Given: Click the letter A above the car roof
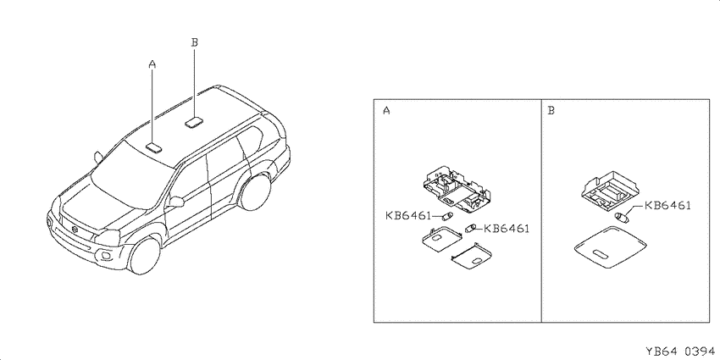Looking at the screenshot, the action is [x=152, y=64].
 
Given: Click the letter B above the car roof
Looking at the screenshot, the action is [x=194, y=42].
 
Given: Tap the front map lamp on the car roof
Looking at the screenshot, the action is [x=153, y=147].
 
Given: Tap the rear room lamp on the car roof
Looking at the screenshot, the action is [x=195, y=122].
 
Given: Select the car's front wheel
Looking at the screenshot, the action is [x=145, y=256].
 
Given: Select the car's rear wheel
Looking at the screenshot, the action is [x=255, y=192].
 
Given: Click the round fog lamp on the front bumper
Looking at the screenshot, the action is [x=106, y=255].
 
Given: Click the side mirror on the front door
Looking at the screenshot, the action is [x=176, y=202].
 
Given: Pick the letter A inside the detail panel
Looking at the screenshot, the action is [x=386, y=111].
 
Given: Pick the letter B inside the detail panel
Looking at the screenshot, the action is [x=551, y=111].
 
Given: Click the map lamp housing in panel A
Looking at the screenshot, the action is [x=454, y=191].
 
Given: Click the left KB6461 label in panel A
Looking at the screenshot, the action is [x=408, y=215].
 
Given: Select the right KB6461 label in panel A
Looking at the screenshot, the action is [x=507, y=228].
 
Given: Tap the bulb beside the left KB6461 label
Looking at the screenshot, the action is [x=448, y=216].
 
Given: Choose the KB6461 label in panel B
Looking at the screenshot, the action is [x=667, y=206].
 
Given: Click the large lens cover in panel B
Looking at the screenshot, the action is [x=611, y=248].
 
